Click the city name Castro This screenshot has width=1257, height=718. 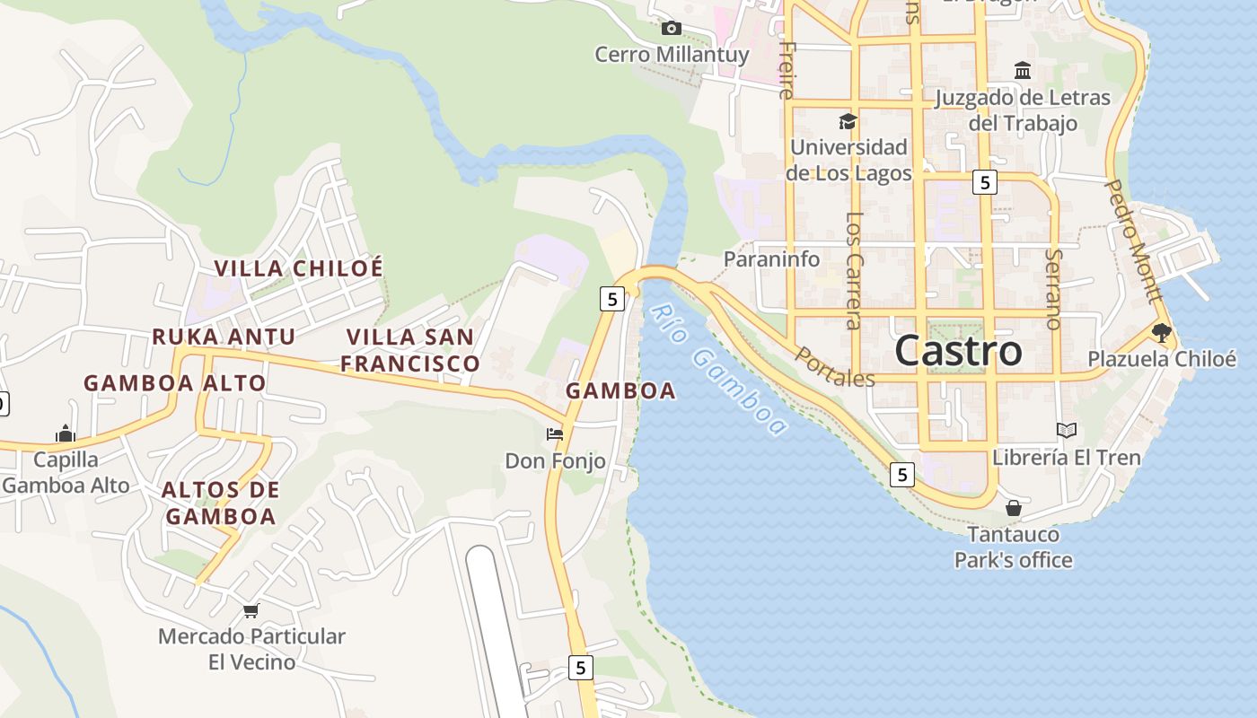pyautogui.click(x=958, y=351)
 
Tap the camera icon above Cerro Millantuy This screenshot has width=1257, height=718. pyautogui.click(x=671, y=29)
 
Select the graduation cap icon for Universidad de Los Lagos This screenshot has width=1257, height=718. pyautogui.click(x=847, y=121)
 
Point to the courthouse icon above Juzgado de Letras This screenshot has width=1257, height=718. pyautogui.click(x=1022, y=70)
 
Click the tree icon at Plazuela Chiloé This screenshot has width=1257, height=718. pyautogui.click(x=1161, y=333)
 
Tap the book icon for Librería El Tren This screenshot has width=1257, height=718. pyautogui.click(x=1066, y=431)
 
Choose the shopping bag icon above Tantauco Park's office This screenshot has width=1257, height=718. pyautogui.click(x=1013, y=508)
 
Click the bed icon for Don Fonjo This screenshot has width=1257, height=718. pyautogui.click(x=555, y=434)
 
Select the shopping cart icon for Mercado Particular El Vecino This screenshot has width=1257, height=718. pyautogui.click(x=251, y=610)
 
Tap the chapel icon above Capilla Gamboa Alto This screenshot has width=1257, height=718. pyautogui.click(x=65, y=434)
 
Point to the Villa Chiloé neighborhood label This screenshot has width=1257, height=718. pyautogui.click(x=298, y=268)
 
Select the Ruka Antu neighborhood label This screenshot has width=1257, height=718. pyautogui.click(x=224, y=337)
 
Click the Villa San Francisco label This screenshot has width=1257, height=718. pyautogui.click(x=410, y=350)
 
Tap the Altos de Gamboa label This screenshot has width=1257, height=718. pyautogui.click(x=221, y=503)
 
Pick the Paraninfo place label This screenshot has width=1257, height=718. pyautogui.click(x=772, y=259)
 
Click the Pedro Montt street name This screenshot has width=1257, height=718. pyautogui.click(x=1132, y=240)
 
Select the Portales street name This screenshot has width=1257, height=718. pyautogui.click(x=834, y=368)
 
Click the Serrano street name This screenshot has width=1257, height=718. pyautogui.click(x=1054, y=289)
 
